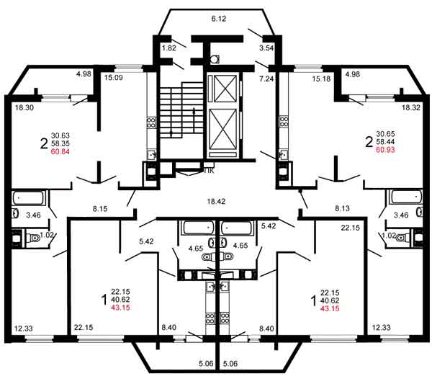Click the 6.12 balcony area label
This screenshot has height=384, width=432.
click(x=218, y=19)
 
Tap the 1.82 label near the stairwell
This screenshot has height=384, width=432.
click(x=169, y=48)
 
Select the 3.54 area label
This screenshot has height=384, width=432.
click(x=266, y=48)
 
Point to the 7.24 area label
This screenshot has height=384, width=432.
click(x=266, y=79)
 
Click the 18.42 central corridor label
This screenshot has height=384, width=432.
click(x=216, y=202)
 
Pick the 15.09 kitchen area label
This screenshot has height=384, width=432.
click(x=113, y=78)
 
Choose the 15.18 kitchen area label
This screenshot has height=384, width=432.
click(x=321, y=79)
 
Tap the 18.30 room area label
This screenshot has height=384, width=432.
click(x=24, y=107)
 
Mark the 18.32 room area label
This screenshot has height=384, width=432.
click(x=411, y=107)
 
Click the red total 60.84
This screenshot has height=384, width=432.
click(x=60, y=151)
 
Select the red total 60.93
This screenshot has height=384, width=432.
click(x=385, y=150)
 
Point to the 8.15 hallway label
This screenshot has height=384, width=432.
click(x=100, y=209)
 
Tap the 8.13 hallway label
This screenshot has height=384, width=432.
click(x=342, y=208)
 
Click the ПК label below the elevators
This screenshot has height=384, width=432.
click(x=209, y=171)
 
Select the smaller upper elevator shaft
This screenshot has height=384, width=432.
click(x=225, y=89)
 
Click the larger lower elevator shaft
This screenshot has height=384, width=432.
click(x=223, y=129)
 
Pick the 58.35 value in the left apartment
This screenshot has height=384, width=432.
click(x=60, y=143)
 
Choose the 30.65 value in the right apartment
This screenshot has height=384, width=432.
click(x=385, y=134)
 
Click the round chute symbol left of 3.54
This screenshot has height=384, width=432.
click(x=215, y=59)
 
